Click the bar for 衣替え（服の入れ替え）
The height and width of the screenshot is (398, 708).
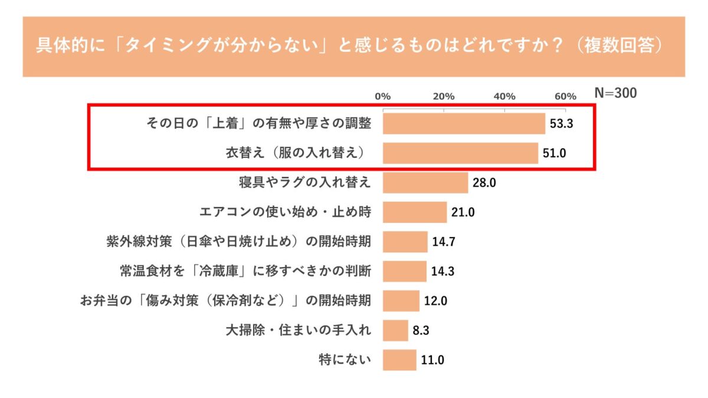pos(460,153)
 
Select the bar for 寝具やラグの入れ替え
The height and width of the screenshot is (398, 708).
pos(425,183)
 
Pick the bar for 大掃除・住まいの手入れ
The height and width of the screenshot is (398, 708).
pos(395,330)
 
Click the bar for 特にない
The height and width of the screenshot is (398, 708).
pos(399,360)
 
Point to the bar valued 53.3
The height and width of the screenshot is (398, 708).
pos(464,124)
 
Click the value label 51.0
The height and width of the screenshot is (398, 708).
pos(555,153)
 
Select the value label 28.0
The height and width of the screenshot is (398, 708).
pos(484,183)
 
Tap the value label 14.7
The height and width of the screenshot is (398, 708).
pos(444,242)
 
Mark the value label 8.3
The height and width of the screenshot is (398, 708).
pos(421,330)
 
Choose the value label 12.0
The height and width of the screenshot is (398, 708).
pos(435,301)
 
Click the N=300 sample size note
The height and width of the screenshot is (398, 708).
pos(615,93)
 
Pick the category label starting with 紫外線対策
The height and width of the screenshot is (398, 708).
pos(237,242)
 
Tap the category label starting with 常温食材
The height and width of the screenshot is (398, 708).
pos(245,271)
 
